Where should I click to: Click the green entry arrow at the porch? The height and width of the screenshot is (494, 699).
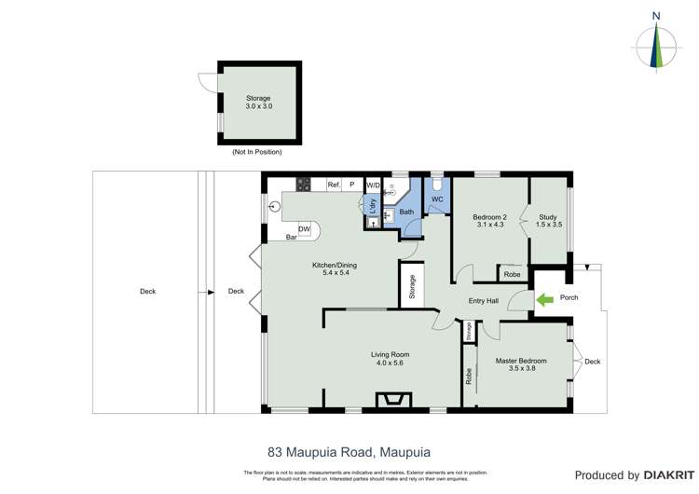[x=543, y=299]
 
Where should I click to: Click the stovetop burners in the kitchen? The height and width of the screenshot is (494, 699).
[x=303, y=185]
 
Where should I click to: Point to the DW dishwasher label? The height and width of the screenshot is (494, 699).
[x=304, y=229]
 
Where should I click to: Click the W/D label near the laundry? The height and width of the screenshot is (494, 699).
[x=373, y=185]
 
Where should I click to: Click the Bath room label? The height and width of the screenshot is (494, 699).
[x=406, y=212]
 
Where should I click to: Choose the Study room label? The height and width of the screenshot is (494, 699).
[x=548, y=220]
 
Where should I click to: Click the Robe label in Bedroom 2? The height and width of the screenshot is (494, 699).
[x=512, y=274]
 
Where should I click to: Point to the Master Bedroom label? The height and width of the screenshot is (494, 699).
[x=521, y=364]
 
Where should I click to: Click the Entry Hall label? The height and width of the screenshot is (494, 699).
[x=484, y=300]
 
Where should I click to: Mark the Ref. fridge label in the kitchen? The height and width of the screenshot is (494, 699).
[x=333, y=185]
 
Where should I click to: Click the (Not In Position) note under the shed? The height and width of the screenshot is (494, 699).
[x=256, y=151]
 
